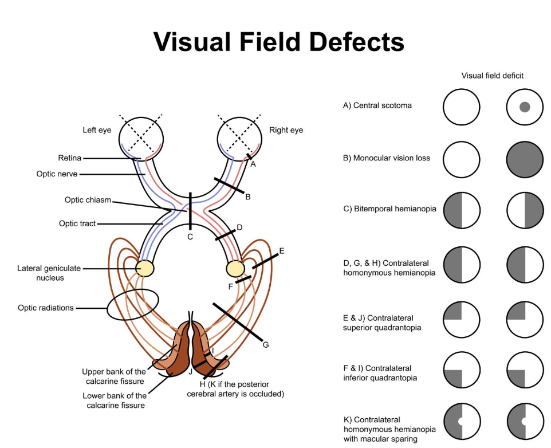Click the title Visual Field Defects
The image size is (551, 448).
(278, 42)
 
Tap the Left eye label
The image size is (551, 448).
(97, 130)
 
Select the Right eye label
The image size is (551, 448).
(286, 130)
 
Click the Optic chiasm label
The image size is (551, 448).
(88, 200)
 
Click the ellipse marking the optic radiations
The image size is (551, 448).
(133, 304)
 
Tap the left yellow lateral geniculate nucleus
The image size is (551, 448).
(145, 268)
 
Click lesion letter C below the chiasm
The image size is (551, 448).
(190, 236)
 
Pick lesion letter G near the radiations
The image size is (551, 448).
(265, 344)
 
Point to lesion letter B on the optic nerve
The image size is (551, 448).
(248, 197)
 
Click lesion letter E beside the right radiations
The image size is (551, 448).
(281, 250)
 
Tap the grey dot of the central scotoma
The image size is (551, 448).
(524, 107)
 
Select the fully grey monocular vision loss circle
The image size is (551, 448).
(524, 158)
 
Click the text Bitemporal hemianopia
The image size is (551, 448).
(389, 209)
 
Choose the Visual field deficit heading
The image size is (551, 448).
(493, 75)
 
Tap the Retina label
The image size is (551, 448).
(69, 158)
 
